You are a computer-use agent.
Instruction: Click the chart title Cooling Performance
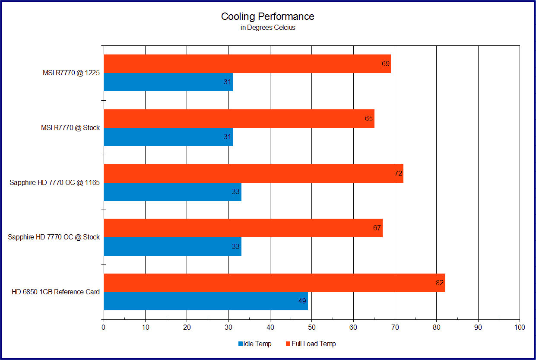[x=267, y=16]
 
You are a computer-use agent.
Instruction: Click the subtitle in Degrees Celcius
[x=268, y=28]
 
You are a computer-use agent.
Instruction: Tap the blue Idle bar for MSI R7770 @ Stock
[x=168, y=137]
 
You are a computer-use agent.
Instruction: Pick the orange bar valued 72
[x=253, y=173]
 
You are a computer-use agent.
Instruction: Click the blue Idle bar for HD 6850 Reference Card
[x=206, y=301]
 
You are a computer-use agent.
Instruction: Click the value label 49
[x=302, y=301]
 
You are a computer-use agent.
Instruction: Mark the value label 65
[x=369, y=118]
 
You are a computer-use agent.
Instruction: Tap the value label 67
[x=377, y=228]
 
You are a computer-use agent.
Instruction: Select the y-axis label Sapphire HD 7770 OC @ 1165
[x=55, y=182]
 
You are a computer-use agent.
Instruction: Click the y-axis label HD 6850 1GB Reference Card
[x=56, y=292]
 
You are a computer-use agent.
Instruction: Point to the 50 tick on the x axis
[x=312, y=328]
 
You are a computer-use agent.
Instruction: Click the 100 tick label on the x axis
[x=520, y=328]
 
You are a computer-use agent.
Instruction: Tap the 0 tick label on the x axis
[x=104, y=328]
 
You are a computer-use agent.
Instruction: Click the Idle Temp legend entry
[x=255, y=344]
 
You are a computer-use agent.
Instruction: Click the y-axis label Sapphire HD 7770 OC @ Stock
[x=54, y=237]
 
